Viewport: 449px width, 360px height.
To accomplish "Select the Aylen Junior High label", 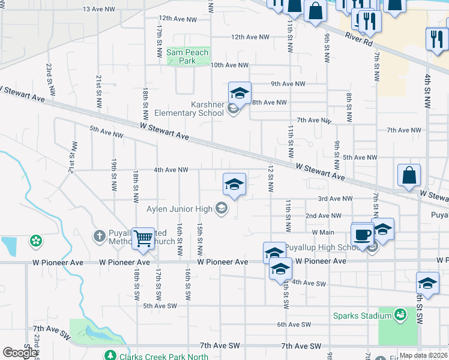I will tap(180, 209).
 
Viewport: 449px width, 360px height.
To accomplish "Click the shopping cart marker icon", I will tap(143, 238).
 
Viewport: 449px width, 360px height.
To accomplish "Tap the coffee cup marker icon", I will tap(363, 233).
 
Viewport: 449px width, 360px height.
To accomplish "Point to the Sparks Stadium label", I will tap(362, 314).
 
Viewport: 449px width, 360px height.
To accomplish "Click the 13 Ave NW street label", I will tap(99, 9).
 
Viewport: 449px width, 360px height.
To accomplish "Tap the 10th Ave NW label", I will tap(229, 65).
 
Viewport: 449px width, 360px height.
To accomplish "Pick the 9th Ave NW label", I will tap(288, 84).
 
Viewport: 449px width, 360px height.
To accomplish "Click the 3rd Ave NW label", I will tap(335, 199).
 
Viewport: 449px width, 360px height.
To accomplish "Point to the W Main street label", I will tap(323, 232).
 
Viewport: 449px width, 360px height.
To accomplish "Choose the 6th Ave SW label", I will tap(294, 325).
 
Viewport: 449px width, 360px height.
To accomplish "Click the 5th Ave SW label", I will tap(160, 305).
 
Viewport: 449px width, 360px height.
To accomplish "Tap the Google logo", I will tap(20, 353).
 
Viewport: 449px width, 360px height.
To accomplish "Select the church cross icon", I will tap(100, 234).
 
